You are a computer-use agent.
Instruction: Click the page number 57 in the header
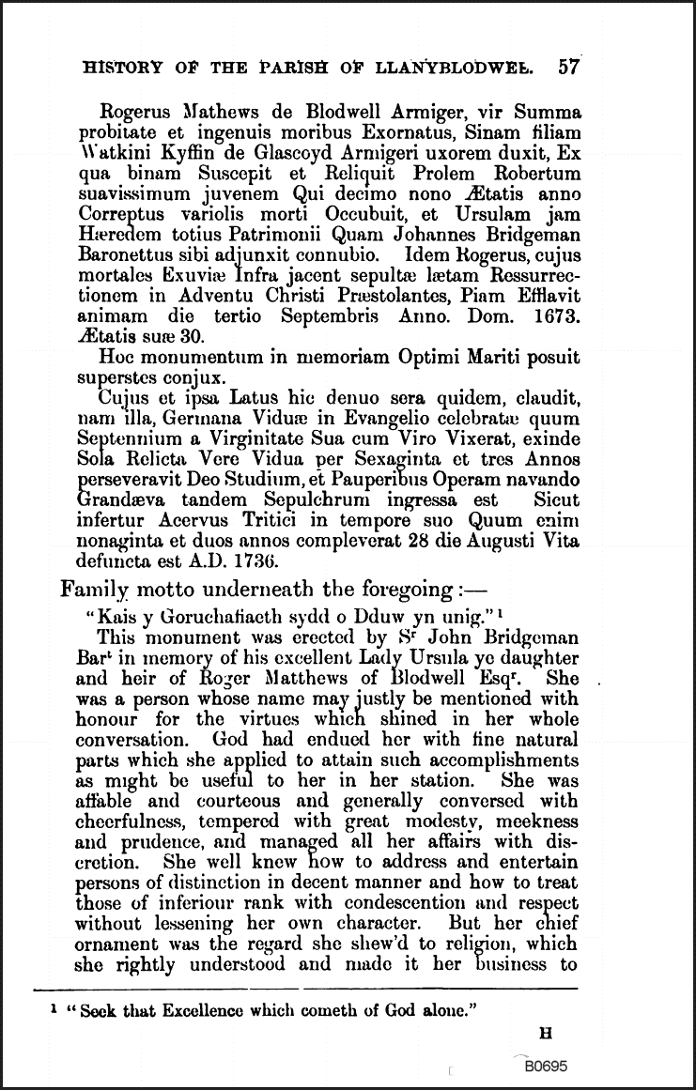[568, 67]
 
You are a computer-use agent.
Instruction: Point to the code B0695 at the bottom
[546, 1067]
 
